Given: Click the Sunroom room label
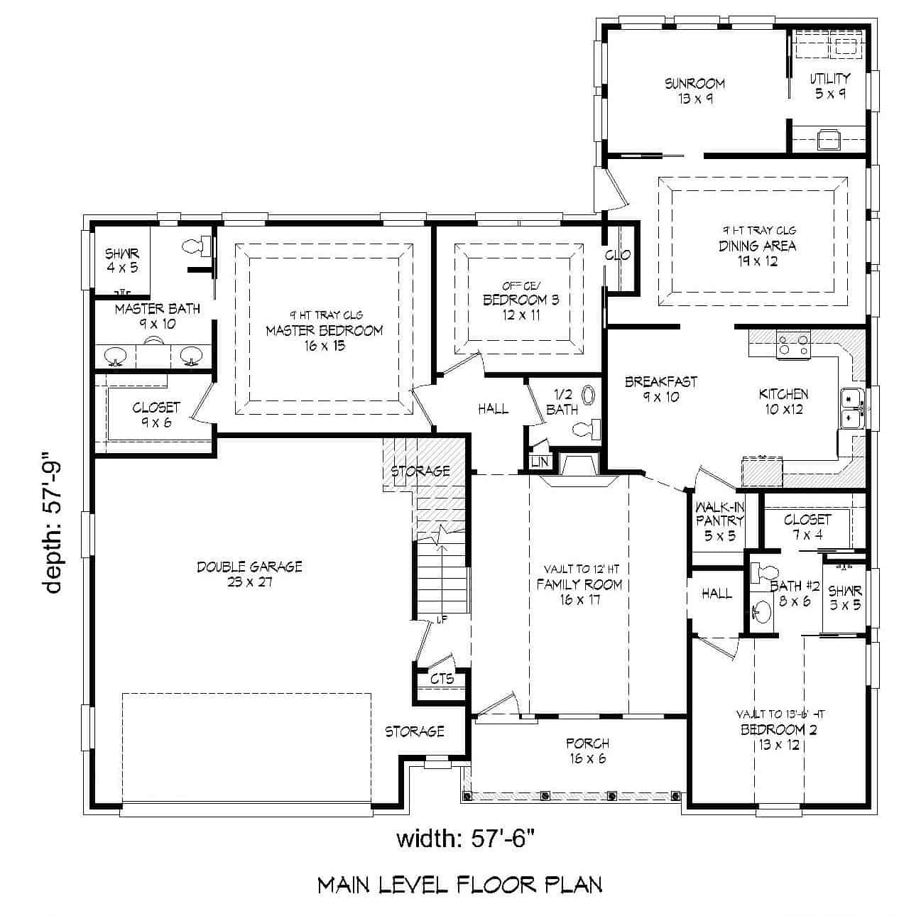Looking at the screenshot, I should (x=694, y=91).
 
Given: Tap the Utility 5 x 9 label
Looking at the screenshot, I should (x=829, y=85).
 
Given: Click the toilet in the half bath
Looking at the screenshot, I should (x=587, y=428).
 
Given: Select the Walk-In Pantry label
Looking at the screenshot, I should (x=719, y=521).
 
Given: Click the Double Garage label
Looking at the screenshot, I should (x=249, y=574).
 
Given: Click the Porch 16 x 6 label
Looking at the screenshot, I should (x=587, y=751).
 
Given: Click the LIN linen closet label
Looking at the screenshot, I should (x=539, y=462).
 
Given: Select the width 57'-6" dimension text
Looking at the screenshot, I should (x=464, y=839).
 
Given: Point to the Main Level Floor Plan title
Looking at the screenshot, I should (x=459, y=885).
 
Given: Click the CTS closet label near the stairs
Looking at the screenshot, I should (x=442, y=679).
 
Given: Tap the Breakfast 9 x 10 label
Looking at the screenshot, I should (x=660, y=389).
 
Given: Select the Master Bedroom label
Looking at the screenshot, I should (x=324, y=330).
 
